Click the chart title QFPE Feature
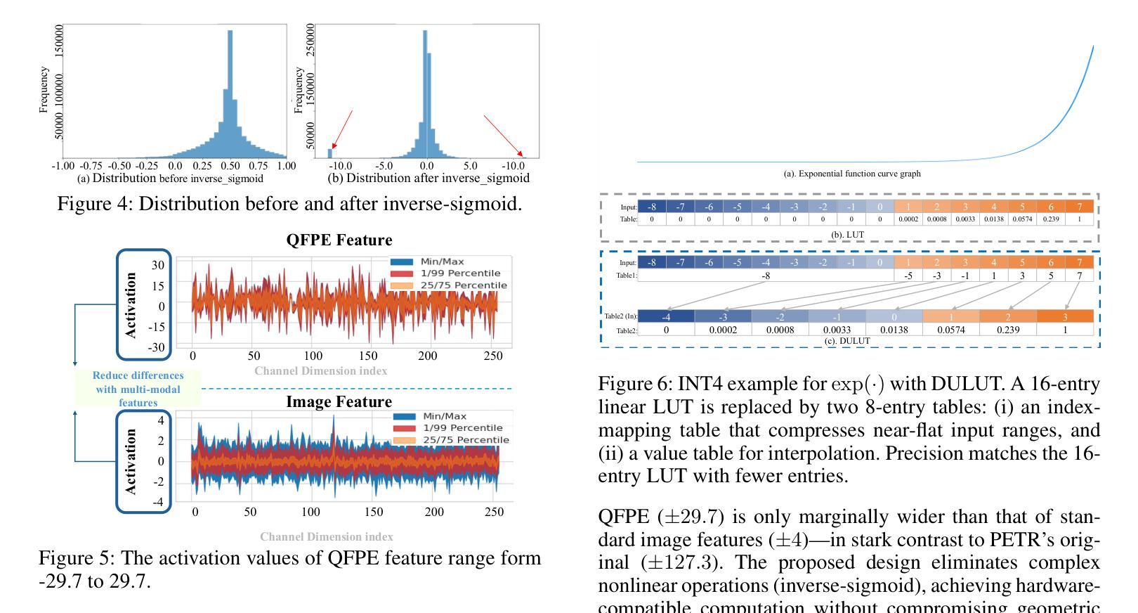(339, 240)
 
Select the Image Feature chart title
(339, 402)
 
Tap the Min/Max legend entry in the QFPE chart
(442, 262)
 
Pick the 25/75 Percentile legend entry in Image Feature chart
(465, 440)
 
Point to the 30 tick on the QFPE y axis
(158, 265)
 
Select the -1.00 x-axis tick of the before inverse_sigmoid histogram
(63, 166)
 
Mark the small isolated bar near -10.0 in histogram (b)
(330, 153)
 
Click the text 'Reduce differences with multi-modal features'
(138, 389)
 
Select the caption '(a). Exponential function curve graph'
(851, 174)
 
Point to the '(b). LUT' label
(847, 235)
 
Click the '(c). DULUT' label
(847, 341)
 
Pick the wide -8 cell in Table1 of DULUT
(766, 276)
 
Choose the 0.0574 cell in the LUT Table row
(1022, 219)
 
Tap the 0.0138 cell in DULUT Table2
(894, 330)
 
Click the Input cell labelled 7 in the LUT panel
(1079, 207)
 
